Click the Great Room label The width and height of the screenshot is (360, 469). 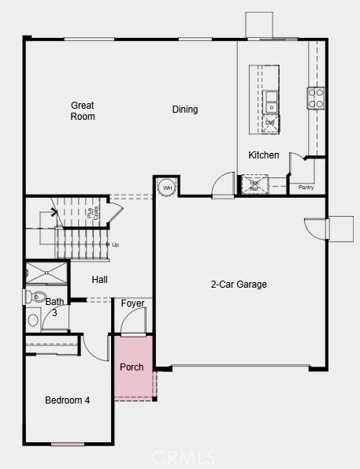[83, 111]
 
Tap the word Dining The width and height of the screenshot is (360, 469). [185, 110]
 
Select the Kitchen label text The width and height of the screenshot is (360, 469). [263, 155]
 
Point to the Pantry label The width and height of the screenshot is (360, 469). [306, 188]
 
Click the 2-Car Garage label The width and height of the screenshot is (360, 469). [239, 285]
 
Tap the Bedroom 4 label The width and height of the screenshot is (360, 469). [67, 400]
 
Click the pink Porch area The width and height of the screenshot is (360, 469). [132, 367]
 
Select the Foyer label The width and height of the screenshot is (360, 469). [132, 303]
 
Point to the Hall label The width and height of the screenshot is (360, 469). [99, 280]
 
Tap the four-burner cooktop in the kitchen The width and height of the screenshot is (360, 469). [316, 98]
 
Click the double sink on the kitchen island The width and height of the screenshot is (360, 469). [271, 102]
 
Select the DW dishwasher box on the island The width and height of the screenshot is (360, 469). [270, 123]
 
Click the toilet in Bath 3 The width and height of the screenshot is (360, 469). [35, 297]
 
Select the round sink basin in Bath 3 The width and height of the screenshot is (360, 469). [33, 320]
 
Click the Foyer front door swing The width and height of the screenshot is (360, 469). [135, 320]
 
